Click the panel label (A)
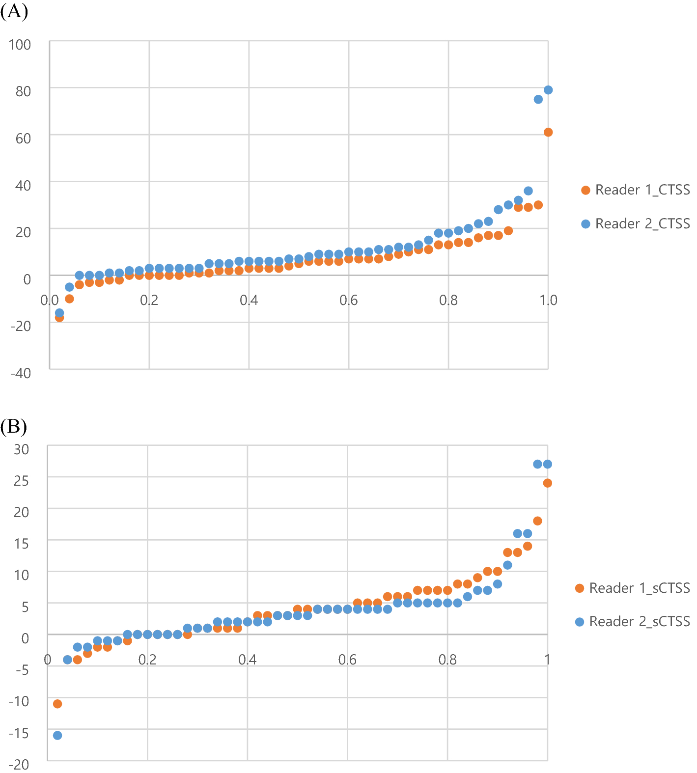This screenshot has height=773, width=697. point(14,11)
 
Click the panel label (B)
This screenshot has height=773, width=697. point(14,426)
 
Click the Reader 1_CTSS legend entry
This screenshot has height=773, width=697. point(636,190)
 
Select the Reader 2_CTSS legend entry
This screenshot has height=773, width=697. point(636,224)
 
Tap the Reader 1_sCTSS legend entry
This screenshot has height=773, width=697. point(633,588)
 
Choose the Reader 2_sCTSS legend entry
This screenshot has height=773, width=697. point(633,622)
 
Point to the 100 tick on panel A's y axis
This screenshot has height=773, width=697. point(20,45)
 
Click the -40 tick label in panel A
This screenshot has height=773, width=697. point(21,373)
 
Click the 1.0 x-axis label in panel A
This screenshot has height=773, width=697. point(548,300)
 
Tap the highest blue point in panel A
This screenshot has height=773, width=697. point(548,90)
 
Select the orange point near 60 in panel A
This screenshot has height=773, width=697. point(548,132)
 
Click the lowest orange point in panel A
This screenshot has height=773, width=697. point(59,318)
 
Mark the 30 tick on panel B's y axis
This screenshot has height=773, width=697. point(21,449)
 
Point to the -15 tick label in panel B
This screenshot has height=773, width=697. point(19,733)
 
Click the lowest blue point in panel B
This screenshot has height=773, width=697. point(57,735)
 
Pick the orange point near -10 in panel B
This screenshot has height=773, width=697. point(57,704)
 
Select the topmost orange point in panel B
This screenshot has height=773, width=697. point(547,483)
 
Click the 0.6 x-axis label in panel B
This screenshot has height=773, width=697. point(347,660)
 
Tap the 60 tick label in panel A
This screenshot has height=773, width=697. point(23,138)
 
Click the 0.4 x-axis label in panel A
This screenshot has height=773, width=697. point(249,300)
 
